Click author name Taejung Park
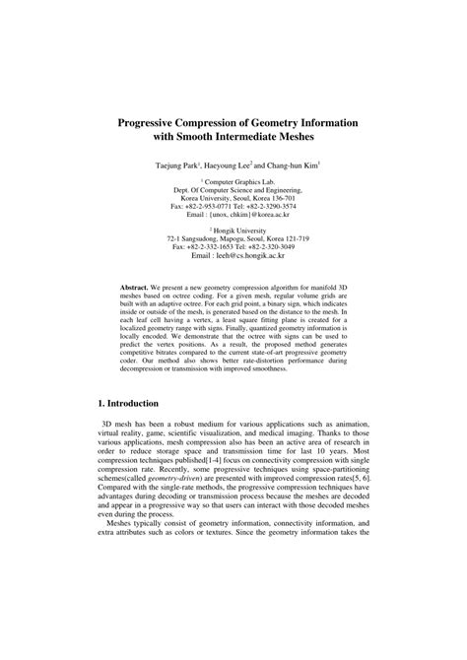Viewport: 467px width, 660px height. pos(176,167)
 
